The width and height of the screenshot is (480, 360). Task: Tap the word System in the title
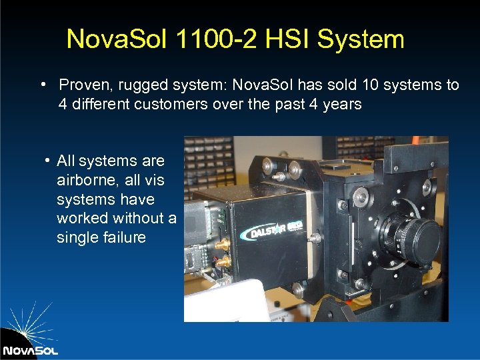click(x=361, y=39)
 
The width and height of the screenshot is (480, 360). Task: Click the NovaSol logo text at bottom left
click(x=31, y=349)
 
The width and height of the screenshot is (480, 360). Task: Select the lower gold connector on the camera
click(x=220, y=262)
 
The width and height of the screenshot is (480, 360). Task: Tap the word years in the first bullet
click(x=341, y=104)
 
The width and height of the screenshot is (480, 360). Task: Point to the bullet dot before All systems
click(x=48, y=161)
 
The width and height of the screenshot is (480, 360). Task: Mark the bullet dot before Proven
click(x=42, y=85)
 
